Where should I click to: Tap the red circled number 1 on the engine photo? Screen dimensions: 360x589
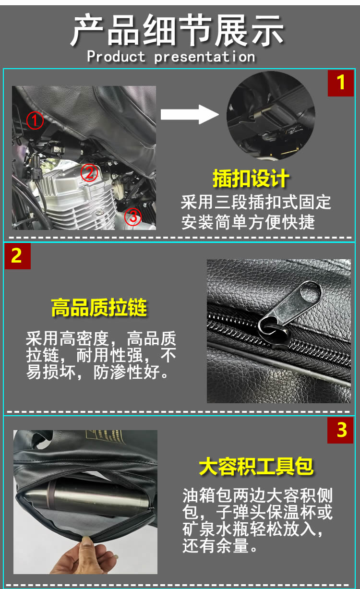click(x=35, y=120)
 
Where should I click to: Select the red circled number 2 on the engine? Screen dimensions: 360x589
click(x=89, y=173)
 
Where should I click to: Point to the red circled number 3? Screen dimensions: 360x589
click(x=133, y=216)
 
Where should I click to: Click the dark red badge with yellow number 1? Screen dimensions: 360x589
click(x=340, y=83)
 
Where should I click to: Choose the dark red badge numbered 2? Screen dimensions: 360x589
click(x=18, y=256)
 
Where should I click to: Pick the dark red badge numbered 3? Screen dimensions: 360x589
click(x=340, y=430)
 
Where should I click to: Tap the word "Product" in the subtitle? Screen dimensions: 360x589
click(x=116, y=57)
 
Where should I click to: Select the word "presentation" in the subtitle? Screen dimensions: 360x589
click(x=204, y=57)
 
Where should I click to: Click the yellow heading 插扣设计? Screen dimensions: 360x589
click(x=251, y=179)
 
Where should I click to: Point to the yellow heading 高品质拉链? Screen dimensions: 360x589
click(x=99, y=307)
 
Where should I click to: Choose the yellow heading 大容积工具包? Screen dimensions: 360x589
click(x=256, y=467)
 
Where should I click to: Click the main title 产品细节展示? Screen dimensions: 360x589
click(x=177, y=31)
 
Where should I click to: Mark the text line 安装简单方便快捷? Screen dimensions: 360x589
click(x=248, y=222)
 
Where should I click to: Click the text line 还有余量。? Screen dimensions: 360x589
click(x=220, y=546)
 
